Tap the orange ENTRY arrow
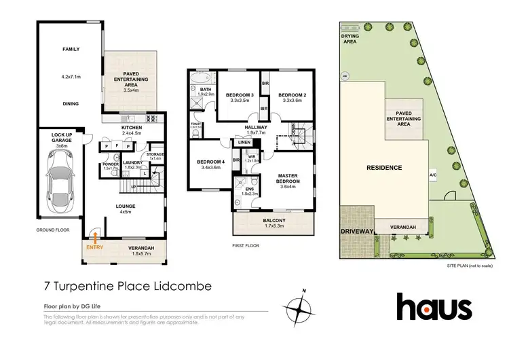96,237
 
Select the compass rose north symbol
300,309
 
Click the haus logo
434,306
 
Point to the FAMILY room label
71,50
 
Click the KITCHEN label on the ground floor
130,127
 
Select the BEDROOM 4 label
209,162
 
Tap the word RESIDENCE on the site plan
385,167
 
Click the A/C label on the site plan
433,175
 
